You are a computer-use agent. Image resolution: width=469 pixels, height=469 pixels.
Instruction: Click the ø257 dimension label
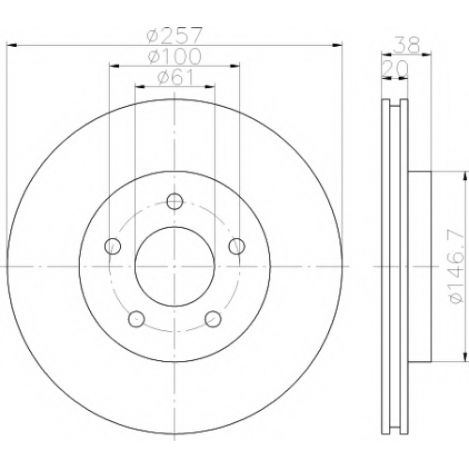(x=175, y=36)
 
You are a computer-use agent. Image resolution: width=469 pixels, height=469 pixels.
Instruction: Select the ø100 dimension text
(x=174, y=56)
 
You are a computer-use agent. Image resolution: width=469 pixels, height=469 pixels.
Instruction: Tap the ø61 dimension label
(x=175, y=77)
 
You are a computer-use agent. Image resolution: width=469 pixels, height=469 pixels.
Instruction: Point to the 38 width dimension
(x=406, y=45)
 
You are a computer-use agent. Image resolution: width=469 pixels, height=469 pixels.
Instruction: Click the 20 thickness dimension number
(x=395, y=68)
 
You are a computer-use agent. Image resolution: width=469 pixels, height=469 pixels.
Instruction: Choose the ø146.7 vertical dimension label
(x=456, y=265)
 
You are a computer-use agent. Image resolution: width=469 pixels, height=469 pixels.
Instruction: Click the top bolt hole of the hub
(x=174, y=202)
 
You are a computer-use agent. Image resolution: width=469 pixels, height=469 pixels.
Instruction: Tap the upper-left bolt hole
(x=113, y=246)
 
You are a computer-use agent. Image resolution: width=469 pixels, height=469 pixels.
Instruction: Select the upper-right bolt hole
(x=236, y=246)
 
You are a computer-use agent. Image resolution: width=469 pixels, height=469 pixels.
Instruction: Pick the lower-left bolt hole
(x=136, y=319)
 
